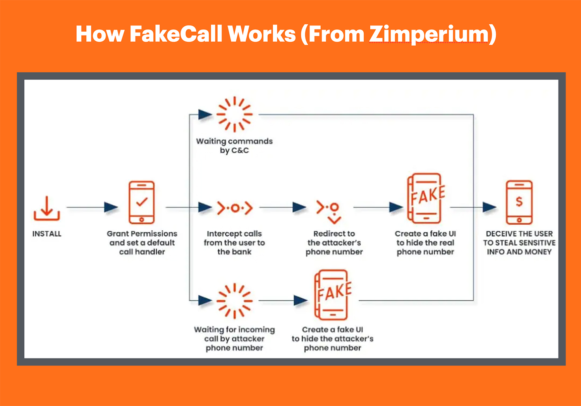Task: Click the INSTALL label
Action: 47,234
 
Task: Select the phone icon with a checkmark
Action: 142,202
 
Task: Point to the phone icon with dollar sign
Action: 519,202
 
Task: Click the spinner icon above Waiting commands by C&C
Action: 234,114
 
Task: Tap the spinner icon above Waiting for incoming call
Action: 234,301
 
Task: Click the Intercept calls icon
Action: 234,208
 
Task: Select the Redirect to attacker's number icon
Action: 329,211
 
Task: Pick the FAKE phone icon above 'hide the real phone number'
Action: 425,198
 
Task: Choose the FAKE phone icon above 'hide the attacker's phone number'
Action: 332,295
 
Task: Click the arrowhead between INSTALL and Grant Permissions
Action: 111,207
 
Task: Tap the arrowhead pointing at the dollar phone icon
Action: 489,207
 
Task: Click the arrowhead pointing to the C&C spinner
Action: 205,114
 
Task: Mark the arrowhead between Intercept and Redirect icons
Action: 299,207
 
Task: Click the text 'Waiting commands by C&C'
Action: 234,146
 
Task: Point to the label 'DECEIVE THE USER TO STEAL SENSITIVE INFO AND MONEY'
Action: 519,243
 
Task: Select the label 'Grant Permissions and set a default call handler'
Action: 142,243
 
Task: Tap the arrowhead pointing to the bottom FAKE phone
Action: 301,300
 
